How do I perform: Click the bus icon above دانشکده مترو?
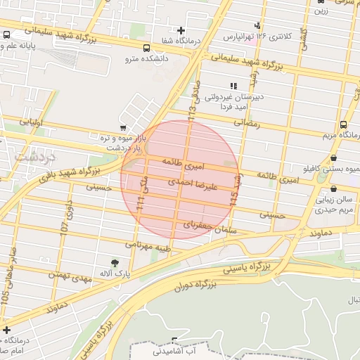146,49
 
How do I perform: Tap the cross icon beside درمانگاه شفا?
182,30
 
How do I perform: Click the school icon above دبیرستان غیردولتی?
233,86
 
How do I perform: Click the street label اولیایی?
32,122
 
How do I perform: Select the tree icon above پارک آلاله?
105,262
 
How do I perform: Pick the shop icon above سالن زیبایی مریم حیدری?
333,189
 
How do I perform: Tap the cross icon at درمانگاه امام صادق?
7,329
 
